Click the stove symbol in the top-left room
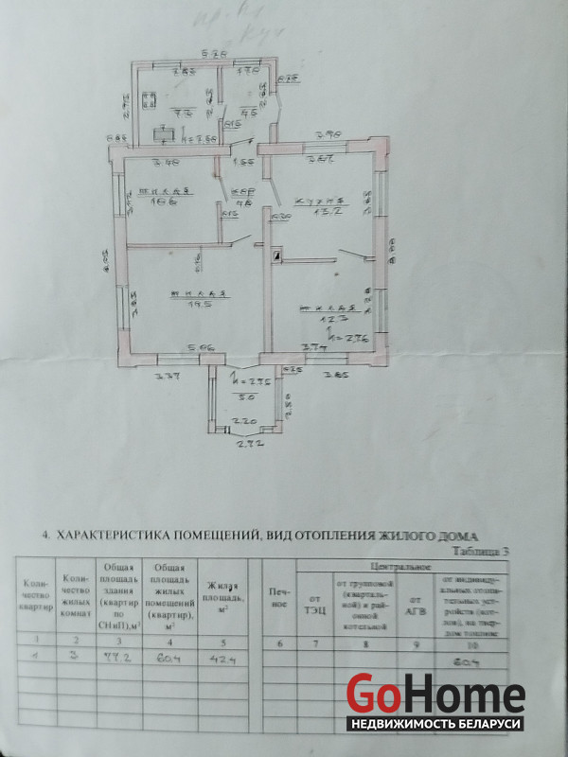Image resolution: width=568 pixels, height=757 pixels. click(151, 97)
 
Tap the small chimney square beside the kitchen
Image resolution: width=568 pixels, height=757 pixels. click(277, 254)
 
